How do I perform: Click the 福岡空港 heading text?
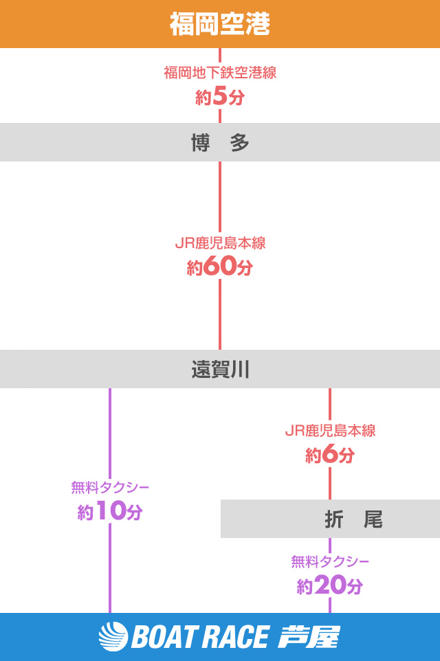click(x=220, y=25)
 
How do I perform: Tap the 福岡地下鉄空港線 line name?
click(x=220, y=72)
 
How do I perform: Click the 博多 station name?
click(x=220, y=143)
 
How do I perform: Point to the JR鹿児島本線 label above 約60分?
click(x=220, y=243)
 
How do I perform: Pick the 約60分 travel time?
click(x=220, y=267)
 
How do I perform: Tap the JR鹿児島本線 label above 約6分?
click(x=330, y=431)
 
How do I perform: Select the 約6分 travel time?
click(x=330, y=455)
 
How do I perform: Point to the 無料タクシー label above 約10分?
click(x=110, y=487)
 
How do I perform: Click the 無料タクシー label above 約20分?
click(x=330, y=561)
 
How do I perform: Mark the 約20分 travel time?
click(x=330, y=586)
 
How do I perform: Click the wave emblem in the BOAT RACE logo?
click(x=113, y=637)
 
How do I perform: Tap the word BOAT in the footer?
click(x=162, y=638)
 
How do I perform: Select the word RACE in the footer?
click(x=234, y=638)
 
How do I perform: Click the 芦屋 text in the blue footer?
click(x=309, y=637)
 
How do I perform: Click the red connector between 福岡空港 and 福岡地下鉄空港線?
click(x=220, y=55)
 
